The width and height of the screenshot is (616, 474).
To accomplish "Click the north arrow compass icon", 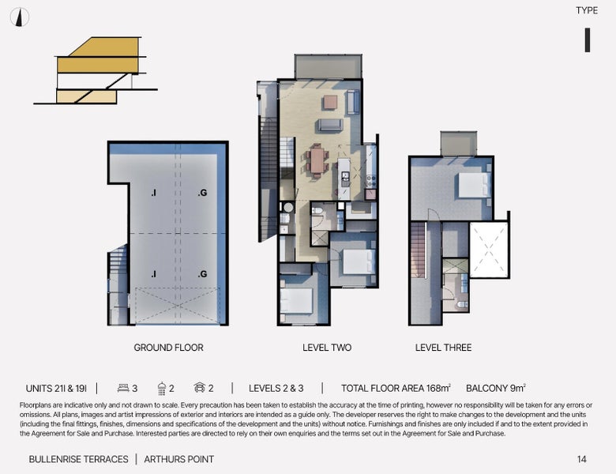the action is pyautogui.click(x=19, y=17).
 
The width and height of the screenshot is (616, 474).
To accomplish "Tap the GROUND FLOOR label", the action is pyautogui.click(x=168, y=348).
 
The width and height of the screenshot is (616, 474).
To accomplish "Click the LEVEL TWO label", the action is pyautogui.click(x=327, y=348).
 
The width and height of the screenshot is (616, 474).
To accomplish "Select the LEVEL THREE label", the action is pyautogui.click(x=443, y=348).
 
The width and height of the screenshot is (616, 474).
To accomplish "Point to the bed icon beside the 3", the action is pyautogui.click(x=123, y=388).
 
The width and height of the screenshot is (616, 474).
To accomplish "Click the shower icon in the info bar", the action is pyautogui.click(x=161, y=389).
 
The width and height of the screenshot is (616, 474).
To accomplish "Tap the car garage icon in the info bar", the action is pyautogui.click(x=200, y=388).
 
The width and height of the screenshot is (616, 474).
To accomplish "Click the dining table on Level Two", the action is pyautogui.click(x=317, y=160).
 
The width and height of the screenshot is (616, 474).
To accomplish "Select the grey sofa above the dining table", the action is pyautogui.click(x=330, y=125).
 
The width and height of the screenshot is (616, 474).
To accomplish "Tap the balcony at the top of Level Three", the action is pyautogui.click(x=459, y=144).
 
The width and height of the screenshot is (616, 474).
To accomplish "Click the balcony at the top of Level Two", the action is pyautogui.click(x=328, y=67).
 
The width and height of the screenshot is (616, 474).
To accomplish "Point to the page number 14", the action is pyautogui.click(x=581, y=459).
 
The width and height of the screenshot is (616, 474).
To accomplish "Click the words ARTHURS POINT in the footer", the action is pyautogui.click(x=178, y=459).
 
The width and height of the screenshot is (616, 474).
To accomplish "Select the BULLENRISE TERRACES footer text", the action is pyautogui.click(x=78, y=459).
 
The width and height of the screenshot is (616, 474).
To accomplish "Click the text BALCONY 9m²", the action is pyautogui.click(x=496, y=388).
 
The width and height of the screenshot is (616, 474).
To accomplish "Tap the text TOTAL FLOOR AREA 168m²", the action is pyautogui.click(x=396, y=388).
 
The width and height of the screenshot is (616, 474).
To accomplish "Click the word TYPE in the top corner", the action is pyautogui.click(x=587, y=10).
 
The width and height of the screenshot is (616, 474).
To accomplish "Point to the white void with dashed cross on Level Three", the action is pyautogui.click(x=489, y=250).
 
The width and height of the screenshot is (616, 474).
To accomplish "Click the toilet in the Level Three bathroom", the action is pyautogui.click(x=462, y=305).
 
